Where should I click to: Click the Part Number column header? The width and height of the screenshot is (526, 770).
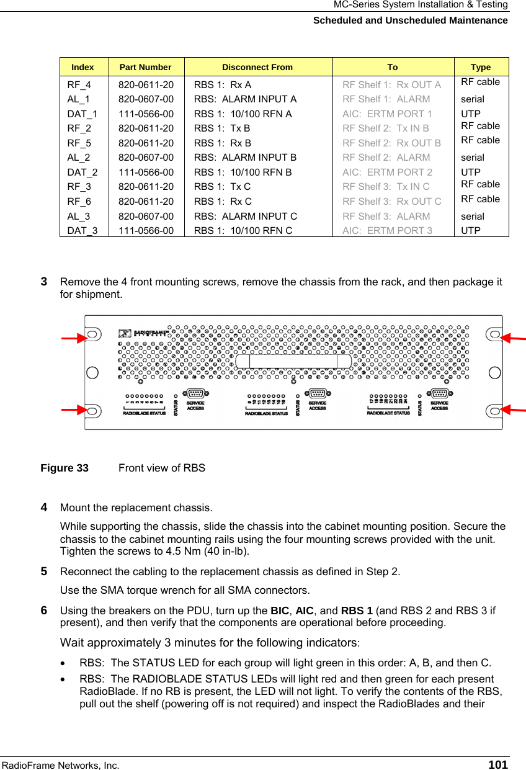[x=145, y=67]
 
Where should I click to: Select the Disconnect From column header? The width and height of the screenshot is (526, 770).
[x=257, y=67]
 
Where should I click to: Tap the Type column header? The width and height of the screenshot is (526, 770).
[x=480, y=67]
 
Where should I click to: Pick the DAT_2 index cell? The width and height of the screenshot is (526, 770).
[x=82, y=172]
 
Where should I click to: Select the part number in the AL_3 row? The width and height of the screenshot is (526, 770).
[x=146, y=217]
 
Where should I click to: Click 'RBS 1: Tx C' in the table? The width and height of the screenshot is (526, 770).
[x=223, y=187]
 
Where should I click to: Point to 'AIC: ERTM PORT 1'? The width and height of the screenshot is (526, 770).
[x=388, y=114]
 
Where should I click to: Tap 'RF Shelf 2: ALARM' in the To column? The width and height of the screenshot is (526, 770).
[x=386, y=158]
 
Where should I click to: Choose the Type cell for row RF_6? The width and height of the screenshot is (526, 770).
[x=480, y=199]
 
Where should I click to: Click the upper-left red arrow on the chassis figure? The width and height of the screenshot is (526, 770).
[x=73, y=338]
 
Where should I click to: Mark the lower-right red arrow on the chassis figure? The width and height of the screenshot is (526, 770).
[x=513, y=409]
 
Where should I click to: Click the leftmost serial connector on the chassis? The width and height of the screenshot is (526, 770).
[x=196, y=393]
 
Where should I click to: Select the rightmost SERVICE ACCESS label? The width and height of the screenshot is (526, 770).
[x=440, y=406]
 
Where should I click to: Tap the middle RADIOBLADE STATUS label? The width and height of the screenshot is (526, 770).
[x=267, y=413]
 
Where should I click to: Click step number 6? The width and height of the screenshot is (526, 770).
[x=45, y=610]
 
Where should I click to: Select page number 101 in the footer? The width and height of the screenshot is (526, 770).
[x=497, y=764]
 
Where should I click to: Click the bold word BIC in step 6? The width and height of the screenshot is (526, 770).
[x=280, y=611]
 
